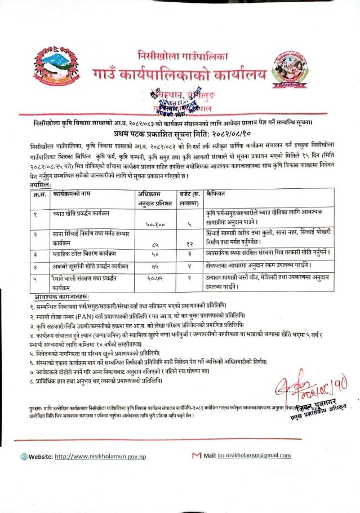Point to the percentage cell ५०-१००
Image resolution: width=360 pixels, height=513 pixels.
point(154,224)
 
